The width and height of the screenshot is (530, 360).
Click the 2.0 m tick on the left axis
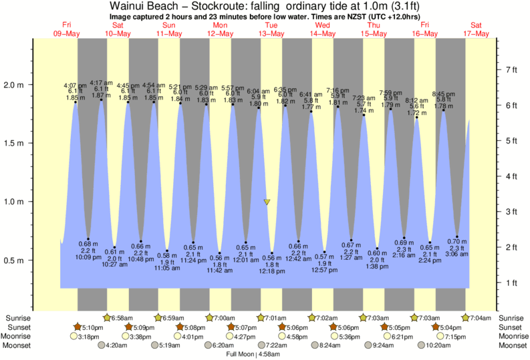[15, 85]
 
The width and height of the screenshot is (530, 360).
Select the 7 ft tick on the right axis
[512, 69]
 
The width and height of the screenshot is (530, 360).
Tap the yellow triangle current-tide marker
[267, 202]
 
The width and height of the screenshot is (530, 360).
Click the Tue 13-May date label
[272, 29]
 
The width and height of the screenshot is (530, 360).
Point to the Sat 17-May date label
[477, 29]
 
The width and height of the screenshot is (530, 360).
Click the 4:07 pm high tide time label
[74, 85]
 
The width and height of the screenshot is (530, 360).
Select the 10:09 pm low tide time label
[88, 256]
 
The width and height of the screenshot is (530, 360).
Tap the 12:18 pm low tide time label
[272, 271]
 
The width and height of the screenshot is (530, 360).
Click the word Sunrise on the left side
[17, 318]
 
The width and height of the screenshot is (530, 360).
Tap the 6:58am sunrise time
[122, 318]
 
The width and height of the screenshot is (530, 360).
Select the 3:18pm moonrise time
[89, 337]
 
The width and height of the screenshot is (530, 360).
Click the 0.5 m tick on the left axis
[15, 260]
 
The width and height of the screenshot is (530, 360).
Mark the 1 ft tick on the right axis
[511, 283]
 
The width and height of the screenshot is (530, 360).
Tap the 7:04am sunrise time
[483, 318]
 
